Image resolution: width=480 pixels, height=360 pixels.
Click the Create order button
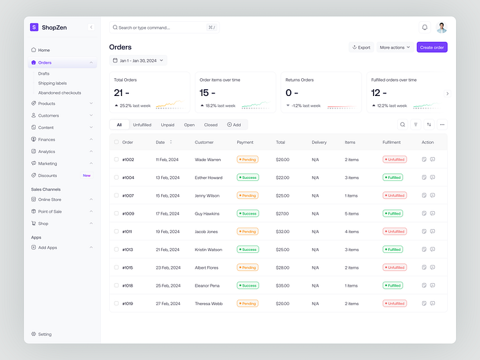(432, 47)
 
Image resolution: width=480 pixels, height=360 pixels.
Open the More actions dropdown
(396, 47)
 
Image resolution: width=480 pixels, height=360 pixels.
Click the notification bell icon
(424, 27)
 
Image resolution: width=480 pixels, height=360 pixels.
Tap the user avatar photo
(442, 27)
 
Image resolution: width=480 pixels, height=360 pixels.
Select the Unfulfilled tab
(142, 125)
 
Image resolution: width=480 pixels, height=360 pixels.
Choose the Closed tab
(211, 125)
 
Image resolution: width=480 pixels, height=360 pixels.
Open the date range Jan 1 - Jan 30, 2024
(138, 60)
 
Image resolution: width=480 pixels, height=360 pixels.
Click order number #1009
(128, 213)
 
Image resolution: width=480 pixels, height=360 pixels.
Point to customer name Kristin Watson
(208, 250)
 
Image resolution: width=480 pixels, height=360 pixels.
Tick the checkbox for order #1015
(117, 267)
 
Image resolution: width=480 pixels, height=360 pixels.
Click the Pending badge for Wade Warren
(248, 159)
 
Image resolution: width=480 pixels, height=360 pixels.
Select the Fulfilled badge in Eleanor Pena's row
(393, 285)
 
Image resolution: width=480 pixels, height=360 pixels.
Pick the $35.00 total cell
(283, 285)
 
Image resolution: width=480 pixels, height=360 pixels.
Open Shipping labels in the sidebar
(52, 83)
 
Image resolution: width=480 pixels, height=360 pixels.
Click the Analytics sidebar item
(47, 152)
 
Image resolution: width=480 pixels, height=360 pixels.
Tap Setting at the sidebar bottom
(45, 334)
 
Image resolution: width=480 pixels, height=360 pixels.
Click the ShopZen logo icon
(34, 27)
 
